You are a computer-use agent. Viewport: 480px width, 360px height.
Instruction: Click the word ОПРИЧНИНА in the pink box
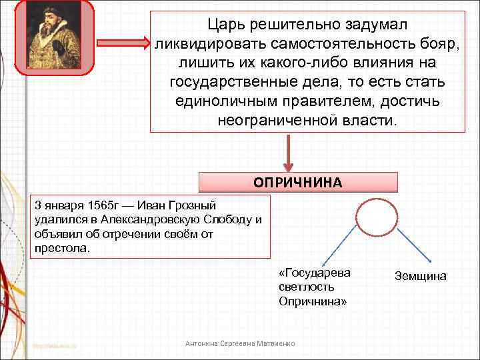[298, 183]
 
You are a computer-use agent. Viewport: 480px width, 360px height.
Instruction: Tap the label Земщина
[421, 276]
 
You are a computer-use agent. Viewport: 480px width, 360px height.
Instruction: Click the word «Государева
[315, 273]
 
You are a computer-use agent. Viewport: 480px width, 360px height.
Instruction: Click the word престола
[61, 249]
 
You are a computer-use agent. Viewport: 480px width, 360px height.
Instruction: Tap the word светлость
[305, 287]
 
